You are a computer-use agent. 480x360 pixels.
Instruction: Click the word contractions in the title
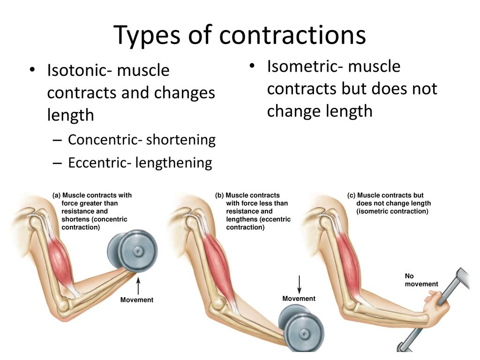(x=292, y=35)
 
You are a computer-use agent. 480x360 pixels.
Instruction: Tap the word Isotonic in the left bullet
(x=77, y=70)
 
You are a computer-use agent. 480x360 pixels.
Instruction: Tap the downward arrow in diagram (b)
(x=300, y=285)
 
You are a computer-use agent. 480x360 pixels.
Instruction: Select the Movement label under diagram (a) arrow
(x=136, y=300)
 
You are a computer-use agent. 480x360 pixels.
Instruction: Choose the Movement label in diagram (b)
(x=299, y=299)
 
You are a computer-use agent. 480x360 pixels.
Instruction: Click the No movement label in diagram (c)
(x=421, y=280)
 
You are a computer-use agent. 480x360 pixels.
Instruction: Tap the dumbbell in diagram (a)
(x=132, y=251)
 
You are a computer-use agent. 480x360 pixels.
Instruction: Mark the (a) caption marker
(x=57, y=195)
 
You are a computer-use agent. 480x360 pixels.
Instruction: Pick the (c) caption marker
(x=351, y=195)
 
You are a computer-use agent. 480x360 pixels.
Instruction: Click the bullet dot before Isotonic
(x=32, y=70)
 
